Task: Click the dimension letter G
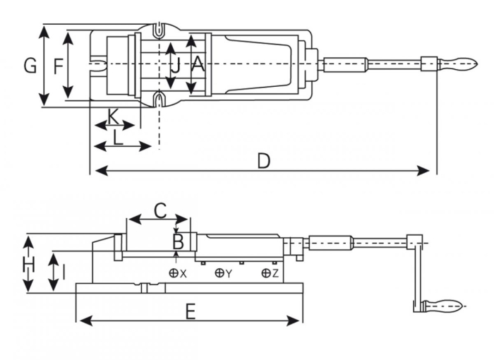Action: (x=30, y=66)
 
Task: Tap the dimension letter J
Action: (x=176, y=66)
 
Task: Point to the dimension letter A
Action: (x=198, y=65)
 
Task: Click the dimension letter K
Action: (x=113, y=115)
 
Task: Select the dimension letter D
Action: (x=263, y=161)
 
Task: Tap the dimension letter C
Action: (x=160, y=210)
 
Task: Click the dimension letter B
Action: (x=179, y=242)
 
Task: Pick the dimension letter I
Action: (x=64, y=271)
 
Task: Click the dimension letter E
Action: (x=190, y=311)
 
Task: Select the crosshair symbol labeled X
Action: (x=174, y=273)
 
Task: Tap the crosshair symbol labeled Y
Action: (x=220, y=273)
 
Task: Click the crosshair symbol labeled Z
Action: (x=265, y=273)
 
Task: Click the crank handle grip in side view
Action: (x=442, y=306)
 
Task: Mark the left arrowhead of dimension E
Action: (x=84, y=321)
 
